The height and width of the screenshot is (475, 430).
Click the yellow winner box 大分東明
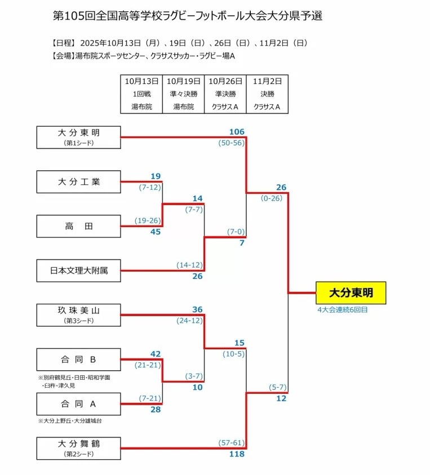(x=351, y=293)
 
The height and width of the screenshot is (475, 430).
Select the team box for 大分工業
(x=78, y=182)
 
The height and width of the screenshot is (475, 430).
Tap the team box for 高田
(x=78, y=227)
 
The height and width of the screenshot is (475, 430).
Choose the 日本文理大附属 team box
(x=78, y=271)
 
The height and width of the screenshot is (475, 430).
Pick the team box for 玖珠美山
(x=78, y=314)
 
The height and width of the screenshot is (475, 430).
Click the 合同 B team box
(x=78, y=359)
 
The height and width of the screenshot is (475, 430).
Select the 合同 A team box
(x=78, y=403)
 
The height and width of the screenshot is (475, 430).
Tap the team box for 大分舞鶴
(x=78, y=448)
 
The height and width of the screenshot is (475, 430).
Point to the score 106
(x=237, y=132)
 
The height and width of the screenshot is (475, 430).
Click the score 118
(x=237, y=454)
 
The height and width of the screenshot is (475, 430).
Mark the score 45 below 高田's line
(x=156, y=232)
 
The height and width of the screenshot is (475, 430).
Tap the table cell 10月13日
(x=141, y=81)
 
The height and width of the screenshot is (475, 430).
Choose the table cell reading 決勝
(x=267, y=94)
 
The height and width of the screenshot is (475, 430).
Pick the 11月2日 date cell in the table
(x=267, y=81)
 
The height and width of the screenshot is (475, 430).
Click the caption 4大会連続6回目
(x=342, y=309)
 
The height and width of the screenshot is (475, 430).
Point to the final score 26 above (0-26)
(x=282, y=187)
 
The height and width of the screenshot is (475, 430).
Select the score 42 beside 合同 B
(x=156, y=354)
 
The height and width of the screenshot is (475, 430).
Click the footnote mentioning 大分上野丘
(x=70, y=421)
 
